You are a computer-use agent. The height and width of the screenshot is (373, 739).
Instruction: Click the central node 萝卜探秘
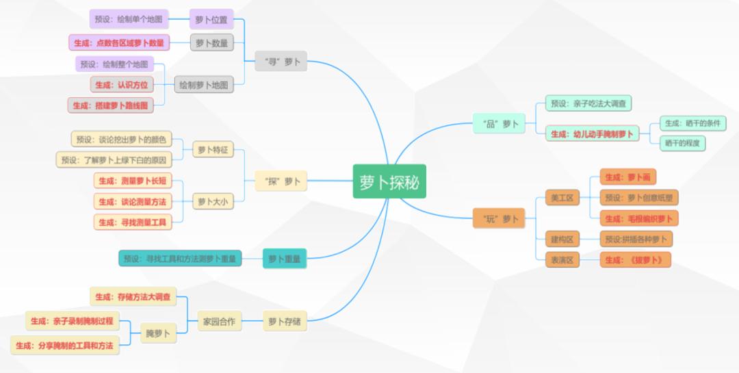(x=389, y=181)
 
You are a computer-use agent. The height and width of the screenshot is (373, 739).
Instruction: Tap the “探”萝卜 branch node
(x=281, y=181)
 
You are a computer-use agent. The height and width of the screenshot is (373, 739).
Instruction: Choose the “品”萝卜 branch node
(x=499, y=124)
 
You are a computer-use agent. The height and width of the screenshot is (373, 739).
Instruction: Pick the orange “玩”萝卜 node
(x=499, y=219)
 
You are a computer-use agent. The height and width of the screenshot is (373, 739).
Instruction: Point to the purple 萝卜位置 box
(x=211, y=19)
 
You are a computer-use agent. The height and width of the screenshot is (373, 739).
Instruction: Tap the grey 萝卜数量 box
(x=211, y=43)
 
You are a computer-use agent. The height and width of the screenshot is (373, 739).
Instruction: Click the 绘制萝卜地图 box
(x=203, y=85)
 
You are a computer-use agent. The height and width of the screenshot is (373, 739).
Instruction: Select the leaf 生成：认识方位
(x=122, y=85)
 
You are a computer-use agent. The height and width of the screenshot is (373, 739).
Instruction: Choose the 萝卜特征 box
(x=213, y=149)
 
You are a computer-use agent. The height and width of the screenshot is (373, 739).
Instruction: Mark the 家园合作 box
(x=219, y=320)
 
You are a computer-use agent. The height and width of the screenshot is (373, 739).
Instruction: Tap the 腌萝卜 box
(x=158, y=333)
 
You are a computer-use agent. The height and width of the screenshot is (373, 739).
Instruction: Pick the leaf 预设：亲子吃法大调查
(x=588, y=103)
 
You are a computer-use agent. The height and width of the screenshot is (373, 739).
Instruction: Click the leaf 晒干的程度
(x=683, y=142)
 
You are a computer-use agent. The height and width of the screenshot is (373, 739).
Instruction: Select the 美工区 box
(x=562, y=198)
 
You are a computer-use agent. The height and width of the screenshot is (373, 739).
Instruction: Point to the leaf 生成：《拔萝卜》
(x=634, y=259)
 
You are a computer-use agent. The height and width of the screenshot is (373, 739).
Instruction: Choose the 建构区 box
(x=562, y=239)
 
